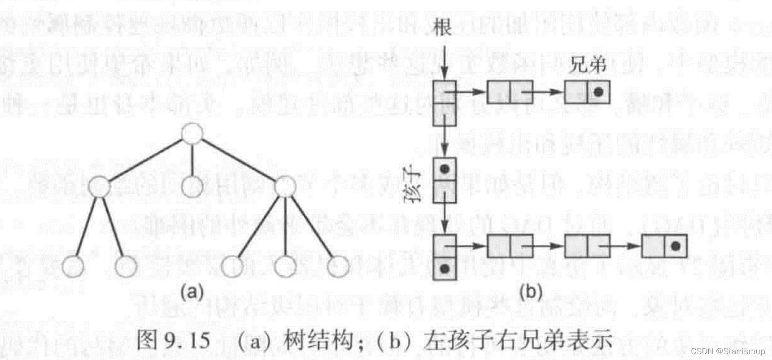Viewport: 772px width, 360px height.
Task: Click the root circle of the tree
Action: pyautogui.click(x=192, y=134)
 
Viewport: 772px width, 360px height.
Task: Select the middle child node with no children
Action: pyautogui.click(x=192, y=187)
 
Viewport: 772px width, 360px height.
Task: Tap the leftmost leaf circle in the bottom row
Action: pyautogui.click(x=73, y=266)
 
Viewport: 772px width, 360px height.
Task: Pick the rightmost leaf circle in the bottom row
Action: pyautogui.click(x=338, y=266)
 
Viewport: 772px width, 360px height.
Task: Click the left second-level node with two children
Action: pyautogui.click(x=99, y=187)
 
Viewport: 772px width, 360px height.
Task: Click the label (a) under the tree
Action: pyautogui.click(x=192, y=292)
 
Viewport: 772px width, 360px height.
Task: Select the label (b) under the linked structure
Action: pyautogui.click(x=531, y=292)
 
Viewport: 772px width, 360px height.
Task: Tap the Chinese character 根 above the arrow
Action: pyautogui.click(x=441, y=27)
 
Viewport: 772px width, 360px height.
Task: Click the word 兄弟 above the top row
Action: pyautogui.click(x=588, y=65)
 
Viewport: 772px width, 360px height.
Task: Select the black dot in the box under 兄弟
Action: pyautogui.click(x=598, y=92)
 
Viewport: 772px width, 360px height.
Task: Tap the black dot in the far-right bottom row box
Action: pyautogui.click(x=676, y=246)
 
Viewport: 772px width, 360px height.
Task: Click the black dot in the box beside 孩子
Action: pyautogui.click(x=445, y=169)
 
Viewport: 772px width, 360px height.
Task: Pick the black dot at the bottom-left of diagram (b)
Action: pyautogui.click(x=445, y=269)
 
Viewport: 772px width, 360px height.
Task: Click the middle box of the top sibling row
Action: pyautogui.click(x=510, y=92)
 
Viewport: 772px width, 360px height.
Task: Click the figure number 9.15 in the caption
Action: pyautogui.click(x=188, y=341)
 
